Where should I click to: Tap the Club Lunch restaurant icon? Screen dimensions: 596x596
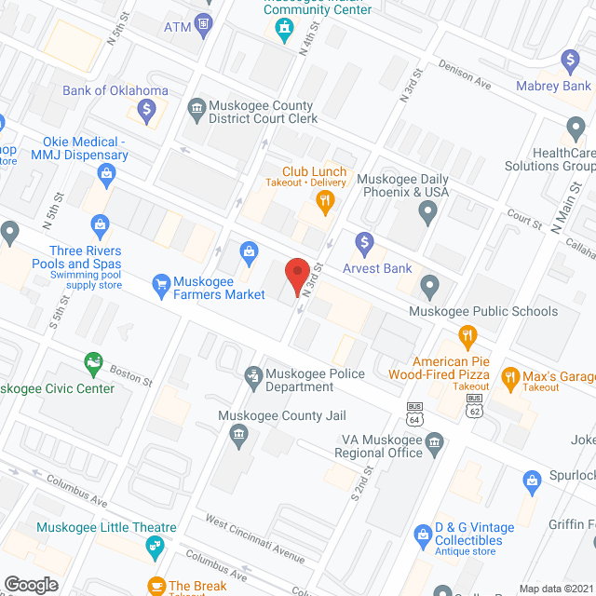(324, 200)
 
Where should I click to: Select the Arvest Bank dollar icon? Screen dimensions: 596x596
(365, 245)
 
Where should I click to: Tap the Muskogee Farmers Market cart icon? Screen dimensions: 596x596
(160, 282)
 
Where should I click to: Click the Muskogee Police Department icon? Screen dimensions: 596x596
(251, 375)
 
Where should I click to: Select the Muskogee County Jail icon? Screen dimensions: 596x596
(237, 435)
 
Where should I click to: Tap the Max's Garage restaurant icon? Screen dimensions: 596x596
(509, 378)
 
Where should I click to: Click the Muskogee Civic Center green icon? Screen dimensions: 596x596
(92, 360)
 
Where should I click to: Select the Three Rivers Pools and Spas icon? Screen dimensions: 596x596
(100, 224)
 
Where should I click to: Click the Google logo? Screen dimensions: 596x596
(30, 585)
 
